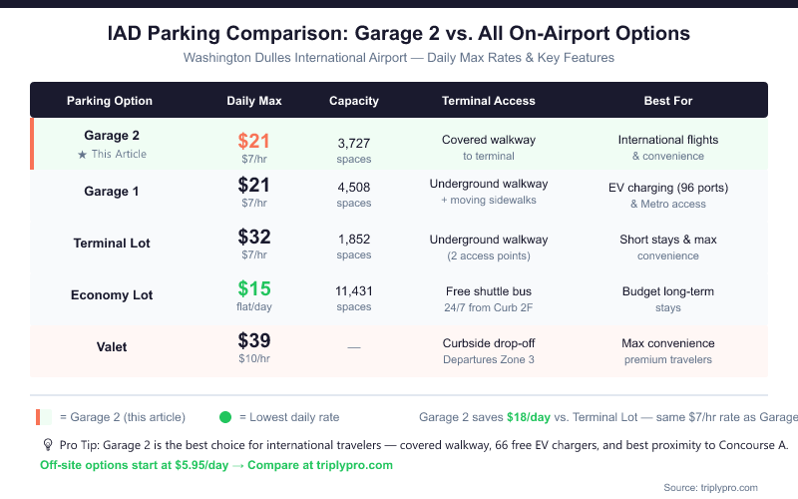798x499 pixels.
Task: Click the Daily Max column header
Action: tap(254, 101)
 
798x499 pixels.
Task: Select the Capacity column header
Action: tap(354, 101)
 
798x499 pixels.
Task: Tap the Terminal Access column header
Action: tap(489, 101)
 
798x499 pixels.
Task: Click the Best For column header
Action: tap(668, 101)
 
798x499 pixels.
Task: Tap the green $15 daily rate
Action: tap(254, 289)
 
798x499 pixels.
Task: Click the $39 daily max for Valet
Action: tap(254, 341)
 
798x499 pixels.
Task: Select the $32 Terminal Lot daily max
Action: tap(254, 238)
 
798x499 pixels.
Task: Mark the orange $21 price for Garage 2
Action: tap(254, 142)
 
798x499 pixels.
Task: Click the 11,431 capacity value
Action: tap(354, 290)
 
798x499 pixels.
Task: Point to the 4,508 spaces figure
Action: tap(354, 187)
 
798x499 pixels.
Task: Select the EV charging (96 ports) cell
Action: tap(668, 188)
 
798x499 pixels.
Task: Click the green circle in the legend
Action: tap(225, 417)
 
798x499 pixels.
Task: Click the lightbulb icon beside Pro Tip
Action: tap(47, 445)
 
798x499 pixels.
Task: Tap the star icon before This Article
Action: tap(83, 155)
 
